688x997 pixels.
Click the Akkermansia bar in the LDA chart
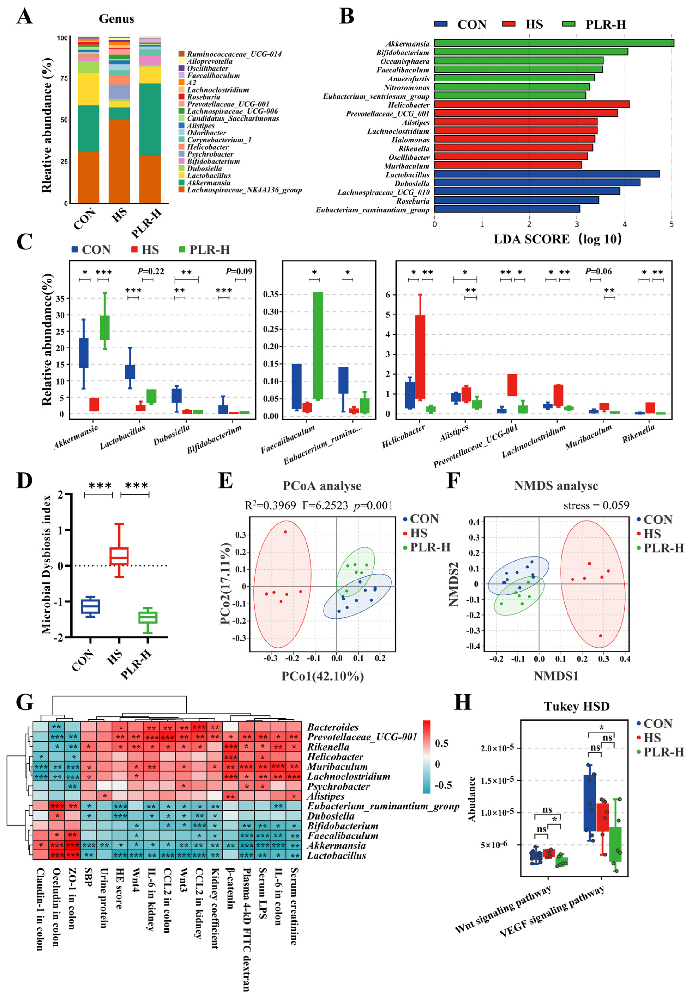tap(554, 43)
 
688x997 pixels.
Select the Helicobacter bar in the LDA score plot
tap(531, 104)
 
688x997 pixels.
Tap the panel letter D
tap(24, 481)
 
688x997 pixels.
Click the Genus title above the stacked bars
tap(116, 19)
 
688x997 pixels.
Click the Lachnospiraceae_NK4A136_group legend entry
tap(244, 190)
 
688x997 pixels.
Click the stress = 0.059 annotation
tap(596, 505)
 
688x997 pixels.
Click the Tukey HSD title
tap(576, 706)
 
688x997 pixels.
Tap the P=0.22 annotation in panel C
tap(150, 271)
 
